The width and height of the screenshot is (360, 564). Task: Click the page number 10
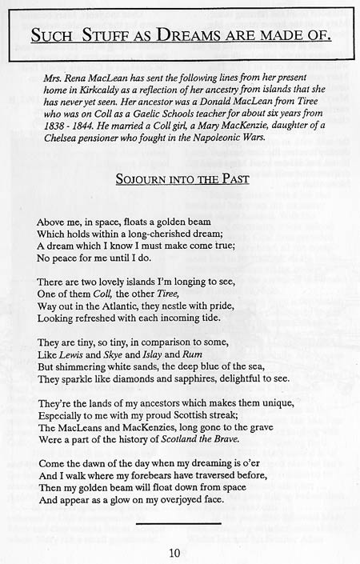click(174, 552)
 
